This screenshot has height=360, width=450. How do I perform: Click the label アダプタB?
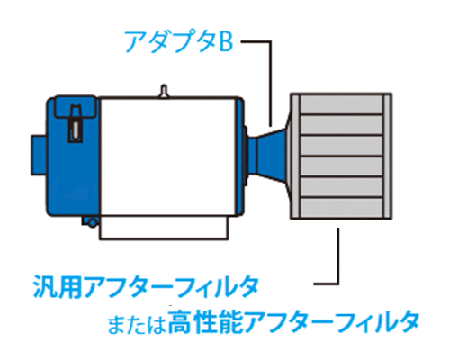point(179,41)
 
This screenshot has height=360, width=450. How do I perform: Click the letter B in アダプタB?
point(226,41)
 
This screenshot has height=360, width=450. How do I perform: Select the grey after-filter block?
point(341,156)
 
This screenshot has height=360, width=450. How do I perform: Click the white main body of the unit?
point(168,156)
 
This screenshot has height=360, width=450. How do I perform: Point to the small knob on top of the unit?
point(164,91)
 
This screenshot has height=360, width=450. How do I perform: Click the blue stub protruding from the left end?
point(39,155)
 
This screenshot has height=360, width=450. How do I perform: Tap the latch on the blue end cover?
point(76,123)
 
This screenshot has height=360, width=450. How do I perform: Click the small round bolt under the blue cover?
point(93,222)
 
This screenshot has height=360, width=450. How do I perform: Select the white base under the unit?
point(164,228)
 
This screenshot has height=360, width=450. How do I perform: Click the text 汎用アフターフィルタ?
point(146,286)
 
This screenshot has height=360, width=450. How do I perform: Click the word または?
point(137,325)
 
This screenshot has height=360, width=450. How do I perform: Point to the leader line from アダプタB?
point(270,84)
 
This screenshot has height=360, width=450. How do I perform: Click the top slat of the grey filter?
point(342,104)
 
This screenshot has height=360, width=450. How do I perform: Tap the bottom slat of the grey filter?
point(342,208)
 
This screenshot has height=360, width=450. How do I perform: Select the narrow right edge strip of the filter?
point(387,156)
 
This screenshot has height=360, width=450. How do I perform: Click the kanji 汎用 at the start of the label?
point(57,286)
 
